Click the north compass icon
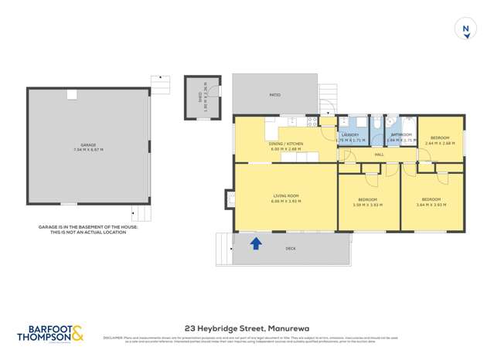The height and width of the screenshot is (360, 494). coord(465,29)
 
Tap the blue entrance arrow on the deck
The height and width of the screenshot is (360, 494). coord(256,243)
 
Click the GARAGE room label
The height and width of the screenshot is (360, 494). coord(89,144)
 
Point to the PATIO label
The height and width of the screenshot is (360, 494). coord(274,95)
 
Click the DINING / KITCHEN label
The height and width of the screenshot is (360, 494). coord(286,144)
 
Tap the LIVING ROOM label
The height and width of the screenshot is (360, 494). coord(285,195)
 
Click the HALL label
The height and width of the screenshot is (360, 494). coord(379,155)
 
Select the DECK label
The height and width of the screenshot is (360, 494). coord(291,248)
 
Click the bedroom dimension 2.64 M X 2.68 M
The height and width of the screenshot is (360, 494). coord(439,142)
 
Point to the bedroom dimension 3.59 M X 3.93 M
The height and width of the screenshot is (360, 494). coord(368,205)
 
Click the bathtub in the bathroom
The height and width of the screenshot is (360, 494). coord(409,128)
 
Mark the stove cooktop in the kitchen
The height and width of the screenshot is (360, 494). coord(312,121)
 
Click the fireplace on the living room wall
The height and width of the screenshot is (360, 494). coord(230,199)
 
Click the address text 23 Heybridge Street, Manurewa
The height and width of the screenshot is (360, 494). coord(247,328)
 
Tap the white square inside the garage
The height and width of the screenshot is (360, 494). coord(71,94)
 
